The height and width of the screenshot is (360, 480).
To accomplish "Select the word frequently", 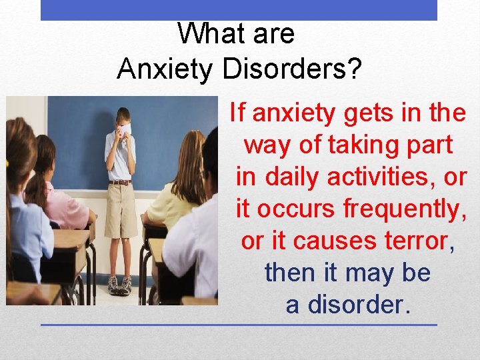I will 404,209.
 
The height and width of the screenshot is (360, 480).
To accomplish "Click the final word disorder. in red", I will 356,305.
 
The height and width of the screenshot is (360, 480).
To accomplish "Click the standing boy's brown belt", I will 120,182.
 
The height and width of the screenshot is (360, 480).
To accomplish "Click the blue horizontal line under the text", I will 239,325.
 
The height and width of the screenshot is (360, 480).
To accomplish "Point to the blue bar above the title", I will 239,10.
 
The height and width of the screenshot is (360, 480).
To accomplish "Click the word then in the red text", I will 289,273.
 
